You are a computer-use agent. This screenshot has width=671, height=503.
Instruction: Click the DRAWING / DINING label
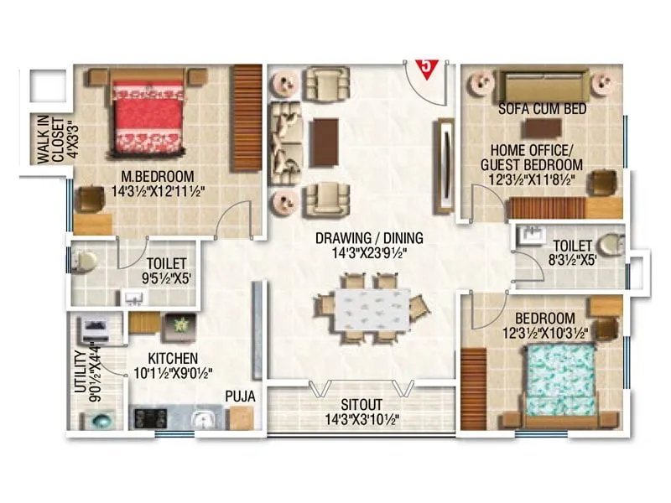click(369, 237)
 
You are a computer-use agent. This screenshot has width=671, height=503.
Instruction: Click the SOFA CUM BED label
click(541, 109)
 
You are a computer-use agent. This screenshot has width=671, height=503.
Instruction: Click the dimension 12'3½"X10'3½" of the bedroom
click(544, 334)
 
